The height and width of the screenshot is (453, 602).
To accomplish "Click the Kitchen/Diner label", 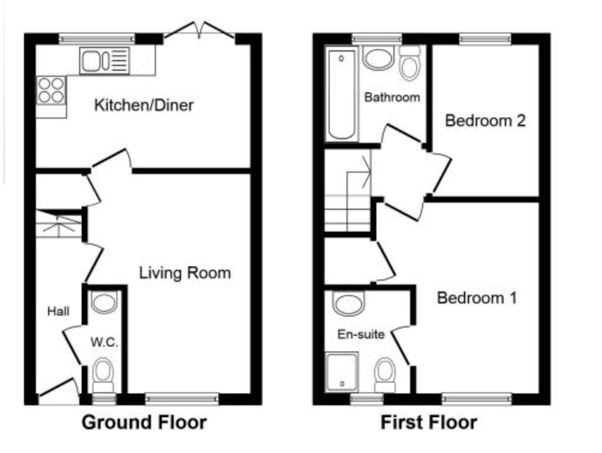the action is (144, 105).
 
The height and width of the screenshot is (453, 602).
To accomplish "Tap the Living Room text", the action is (184, 273).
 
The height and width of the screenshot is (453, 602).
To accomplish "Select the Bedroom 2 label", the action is (485, 120).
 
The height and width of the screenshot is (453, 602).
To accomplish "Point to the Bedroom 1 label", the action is (477, 298).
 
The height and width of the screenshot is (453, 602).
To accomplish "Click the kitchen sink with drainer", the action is (105, 61).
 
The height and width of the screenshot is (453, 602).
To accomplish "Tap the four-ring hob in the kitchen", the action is (51, 90).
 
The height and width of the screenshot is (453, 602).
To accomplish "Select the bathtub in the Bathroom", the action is (342, 93).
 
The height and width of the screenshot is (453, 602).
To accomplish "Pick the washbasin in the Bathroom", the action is (379, 58).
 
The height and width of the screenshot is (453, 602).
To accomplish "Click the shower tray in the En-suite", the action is (342, 372).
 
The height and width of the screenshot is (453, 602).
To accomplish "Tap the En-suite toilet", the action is (385, 375).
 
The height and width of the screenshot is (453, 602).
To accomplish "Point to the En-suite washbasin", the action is (348, 303).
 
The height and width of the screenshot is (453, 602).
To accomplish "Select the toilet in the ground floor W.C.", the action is (104, 375).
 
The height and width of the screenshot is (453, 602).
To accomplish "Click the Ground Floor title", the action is (144, 422).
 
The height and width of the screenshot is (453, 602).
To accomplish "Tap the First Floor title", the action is (429, 422).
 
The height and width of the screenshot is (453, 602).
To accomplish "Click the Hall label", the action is (59, 311).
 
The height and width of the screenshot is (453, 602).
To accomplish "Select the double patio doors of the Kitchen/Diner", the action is (199, 31).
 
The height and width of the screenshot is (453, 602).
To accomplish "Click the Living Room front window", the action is (182, 399).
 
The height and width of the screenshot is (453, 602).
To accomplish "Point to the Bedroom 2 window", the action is (485, 39).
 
